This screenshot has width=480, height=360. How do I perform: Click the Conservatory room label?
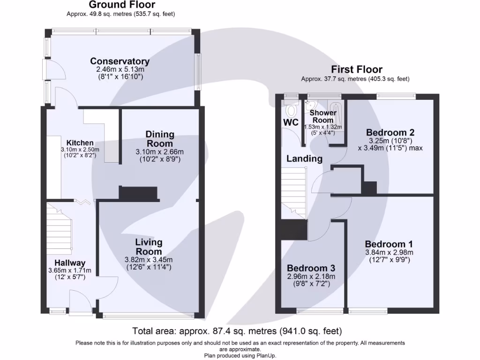pyautogui.click(x=120, y=61)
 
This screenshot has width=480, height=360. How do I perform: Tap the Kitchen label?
pyautogui.click(x=80, y=143)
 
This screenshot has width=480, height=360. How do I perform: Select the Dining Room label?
pyautogui.click(x=160, y=139)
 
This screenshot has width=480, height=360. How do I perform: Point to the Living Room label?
pyautogui.click(x=149, y=247)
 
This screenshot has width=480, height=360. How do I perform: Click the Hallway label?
pyautogui.click(x=69, y=263)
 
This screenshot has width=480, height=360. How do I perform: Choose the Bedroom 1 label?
pyautogui.click(x=389, y=244)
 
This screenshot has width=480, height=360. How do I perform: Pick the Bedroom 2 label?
pyautogui.click(x=390, y=133)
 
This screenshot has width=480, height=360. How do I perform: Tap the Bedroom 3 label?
pyautogui.click(x=311, y=268)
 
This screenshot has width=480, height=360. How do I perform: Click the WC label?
pyautogui.click(x=291, y=122)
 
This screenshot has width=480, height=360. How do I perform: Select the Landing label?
pyautogui.click(x=304, y=158)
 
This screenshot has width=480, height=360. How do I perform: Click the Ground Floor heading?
pyautogui.click(x=121, y=5)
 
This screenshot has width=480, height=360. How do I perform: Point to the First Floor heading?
pyautogui.click(x=356, y=70)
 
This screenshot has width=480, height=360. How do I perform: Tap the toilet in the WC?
pyautogui.click(x=292, y=111)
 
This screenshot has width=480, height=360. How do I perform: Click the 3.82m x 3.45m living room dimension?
pyautogui.click(x=149, y=260)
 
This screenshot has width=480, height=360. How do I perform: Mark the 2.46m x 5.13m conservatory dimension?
pyautogui.click(x=120, y=69)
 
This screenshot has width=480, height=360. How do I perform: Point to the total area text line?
pyautogui.click(x=240, y=331)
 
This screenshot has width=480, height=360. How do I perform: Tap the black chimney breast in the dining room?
pyautogui.click(x=139, y=193)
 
